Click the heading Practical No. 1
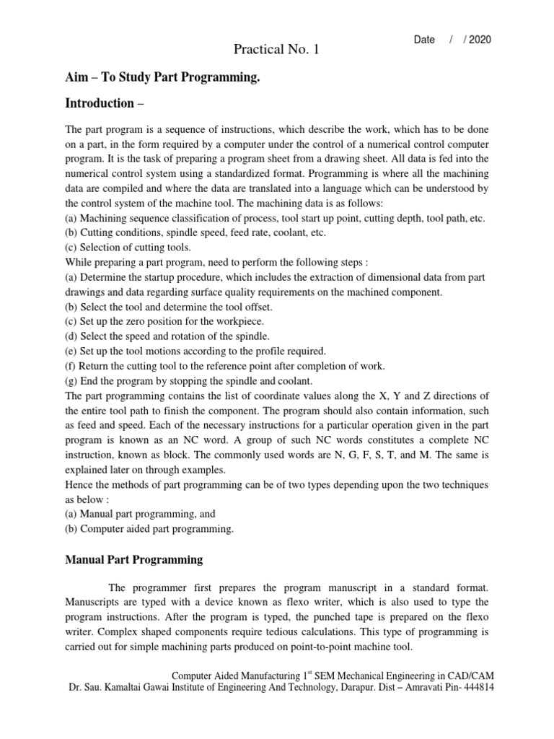(x=276, y=50)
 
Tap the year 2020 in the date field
(x=479, y=40)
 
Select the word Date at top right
(x=424, y=40)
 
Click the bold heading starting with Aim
(x=162, y=77)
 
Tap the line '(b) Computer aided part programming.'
(x=149, y=529)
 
